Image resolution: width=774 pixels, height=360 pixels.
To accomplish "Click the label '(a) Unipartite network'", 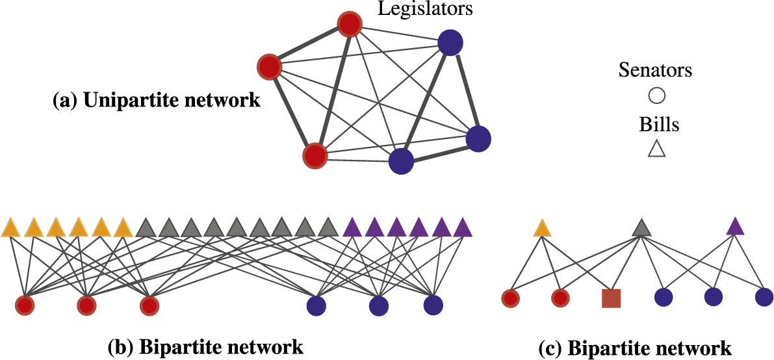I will pyautogui.click(x=156, y=101).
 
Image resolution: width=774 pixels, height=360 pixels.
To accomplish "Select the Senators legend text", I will pyautogui.click(x=656, y=70).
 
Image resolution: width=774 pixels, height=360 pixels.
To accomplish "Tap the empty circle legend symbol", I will pyautogui.click(x=657, y=96).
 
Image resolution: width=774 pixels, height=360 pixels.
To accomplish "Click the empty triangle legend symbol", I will pyautogui.click(x=657, y=150).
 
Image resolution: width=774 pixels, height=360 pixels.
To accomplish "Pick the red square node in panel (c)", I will pyautogui.click(x=612, y=298).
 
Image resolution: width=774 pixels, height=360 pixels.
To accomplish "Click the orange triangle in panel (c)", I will pyautogui.click(x=543, y=228).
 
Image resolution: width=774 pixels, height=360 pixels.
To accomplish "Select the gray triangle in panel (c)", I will pyautogui.click(x=641, y=228).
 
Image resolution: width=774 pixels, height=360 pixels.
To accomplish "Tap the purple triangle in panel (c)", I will pyautogui.click(x=735, y=227).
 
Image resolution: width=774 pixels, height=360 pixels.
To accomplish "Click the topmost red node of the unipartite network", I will pyautogui.click(x=350, y=25).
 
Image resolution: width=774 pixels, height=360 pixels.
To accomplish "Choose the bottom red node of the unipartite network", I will pyautogui.click(x=315, y=155).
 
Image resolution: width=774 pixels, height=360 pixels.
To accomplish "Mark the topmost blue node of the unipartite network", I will pyautogui.click(x=450, y=44).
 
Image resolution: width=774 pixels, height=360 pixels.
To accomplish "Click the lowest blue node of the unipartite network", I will pyautogui.click(x=401, y=162).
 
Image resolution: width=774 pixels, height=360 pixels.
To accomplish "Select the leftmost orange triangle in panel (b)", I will pyautogui.click(x=11, y=228).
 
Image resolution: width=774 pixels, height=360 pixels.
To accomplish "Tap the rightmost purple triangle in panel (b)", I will pyautogui.click(x=462, y=228).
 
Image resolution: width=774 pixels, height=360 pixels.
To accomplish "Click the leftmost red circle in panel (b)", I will pyautogui.click(x=25, y=305).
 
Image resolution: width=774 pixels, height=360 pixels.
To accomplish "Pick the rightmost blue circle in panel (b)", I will pyautogui.click(x=433, y=304).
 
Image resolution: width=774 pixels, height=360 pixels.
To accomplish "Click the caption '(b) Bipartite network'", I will pyautogui.click(x=205, y=346).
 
